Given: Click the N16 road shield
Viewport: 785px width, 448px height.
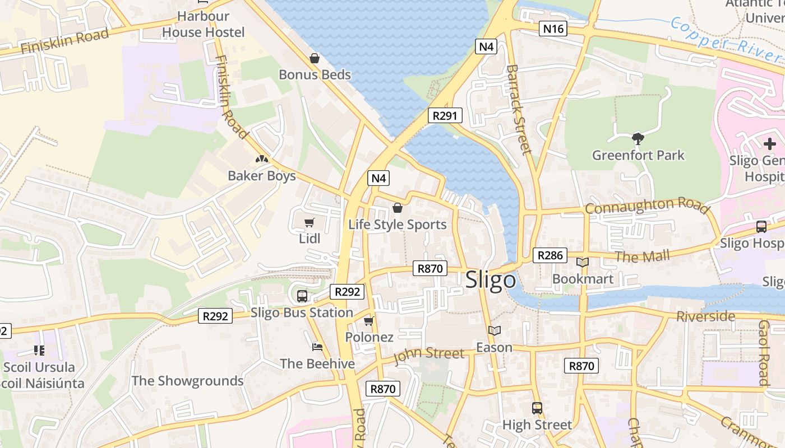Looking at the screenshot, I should pos(553,29).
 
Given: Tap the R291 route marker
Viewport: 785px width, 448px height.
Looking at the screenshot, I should pos(445,116).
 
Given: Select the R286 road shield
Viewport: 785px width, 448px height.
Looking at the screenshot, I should pos(549,255).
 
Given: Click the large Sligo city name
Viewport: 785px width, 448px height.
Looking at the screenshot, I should pos(491,279).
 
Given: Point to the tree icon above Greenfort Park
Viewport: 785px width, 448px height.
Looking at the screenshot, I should pos(638,138).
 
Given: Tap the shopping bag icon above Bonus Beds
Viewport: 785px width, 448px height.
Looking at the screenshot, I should pos(315,58).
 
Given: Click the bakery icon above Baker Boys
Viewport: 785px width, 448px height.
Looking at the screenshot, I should pos(261,160).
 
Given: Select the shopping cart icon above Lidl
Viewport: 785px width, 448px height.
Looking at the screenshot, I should pos(309,222).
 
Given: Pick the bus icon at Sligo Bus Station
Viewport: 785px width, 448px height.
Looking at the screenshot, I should pos(302,296).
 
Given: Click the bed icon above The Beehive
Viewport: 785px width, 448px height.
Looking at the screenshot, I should pos(317,347).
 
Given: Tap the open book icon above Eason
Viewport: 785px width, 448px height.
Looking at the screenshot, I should pos(494,331).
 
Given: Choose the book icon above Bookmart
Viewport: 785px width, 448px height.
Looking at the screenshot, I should pos(583,262).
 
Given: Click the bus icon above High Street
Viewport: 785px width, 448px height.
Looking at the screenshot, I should pos(537,408).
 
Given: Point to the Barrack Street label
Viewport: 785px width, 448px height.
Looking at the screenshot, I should pos(518,109).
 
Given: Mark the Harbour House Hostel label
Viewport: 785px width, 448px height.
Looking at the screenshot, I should pos(204,24).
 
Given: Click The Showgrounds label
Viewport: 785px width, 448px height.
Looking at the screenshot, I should pos(187,381).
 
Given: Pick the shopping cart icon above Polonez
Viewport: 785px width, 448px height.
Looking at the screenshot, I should pos(368,321).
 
